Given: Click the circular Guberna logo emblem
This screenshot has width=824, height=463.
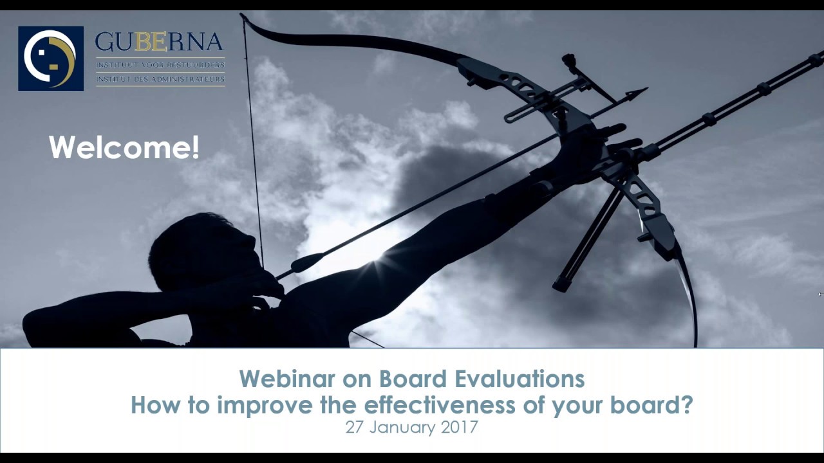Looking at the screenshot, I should coord(50,59).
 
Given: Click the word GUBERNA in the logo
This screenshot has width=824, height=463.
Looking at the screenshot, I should coord(159,44).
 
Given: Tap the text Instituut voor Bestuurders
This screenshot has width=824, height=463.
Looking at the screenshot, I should coord(160,65).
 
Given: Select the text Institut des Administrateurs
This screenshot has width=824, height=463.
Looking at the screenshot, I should coord(160,80).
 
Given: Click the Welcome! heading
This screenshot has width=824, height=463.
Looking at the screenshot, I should coord(124,147).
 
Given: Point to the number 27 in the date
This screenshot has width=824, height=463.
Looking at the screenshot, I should coord(355,427).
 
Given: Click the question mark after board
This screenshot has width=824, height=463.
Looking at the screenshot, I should coord(686,405).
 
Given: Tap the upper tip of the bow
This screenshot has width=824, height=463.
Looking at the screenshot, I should coord(244,16).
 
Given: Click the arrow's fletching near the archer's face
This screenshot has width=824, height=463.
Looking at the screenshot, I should coord(306,262).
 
